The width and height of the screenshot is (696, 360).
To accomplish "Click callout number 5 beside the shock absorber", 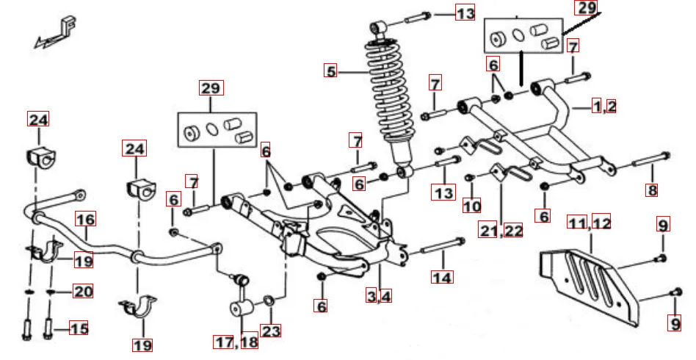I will pos(332,71).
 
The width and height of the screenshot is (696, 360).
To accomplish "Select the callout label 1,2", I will pos(604,106).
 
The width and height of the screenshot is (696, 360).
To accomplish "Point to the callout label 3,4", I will pos(380,296).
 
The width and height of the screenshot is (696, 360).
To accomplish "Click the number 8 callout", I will pos(651,190).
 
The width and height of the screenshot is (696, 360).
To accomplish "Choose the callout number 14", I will pos(442,277).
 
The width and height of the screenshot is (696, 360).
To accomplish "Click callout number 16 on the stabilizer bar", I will pos(85,219).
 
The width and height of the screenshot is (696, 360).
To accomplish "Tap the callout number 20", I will pos(82,292).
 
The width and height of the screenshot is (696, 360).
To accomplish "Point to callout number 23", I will pos(271,331).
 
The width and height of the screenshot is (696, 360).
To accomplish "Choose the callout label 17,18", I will pos(236,342).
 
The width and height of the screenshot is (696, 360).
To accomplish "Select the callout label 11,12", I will pos(590,221).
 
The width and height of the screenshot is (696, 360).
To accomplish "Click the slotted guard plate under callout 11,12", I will pos(587,279).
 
